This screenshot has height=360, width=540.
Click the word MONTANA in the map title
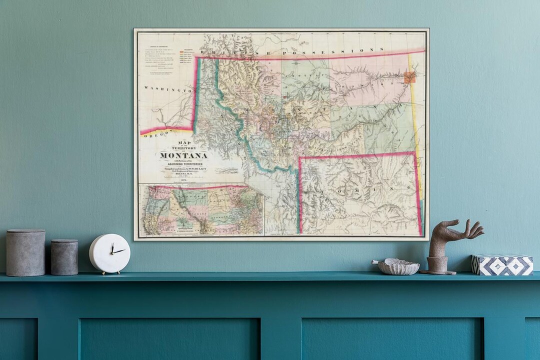coord(183,155)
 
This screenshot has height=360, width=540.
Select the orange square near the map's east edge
coord(409,77)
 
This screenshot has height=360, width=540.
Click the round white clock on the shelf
coord(109,253)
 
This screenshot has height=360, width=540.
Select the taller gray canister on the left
coord(25,252)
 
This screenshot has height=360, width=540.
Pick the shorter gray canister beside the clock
coord(64,257)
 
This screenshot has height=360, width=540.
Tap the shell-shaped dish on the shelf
coord(398,266)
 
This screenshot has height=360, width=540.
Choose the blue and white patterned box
coord(501,264)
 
